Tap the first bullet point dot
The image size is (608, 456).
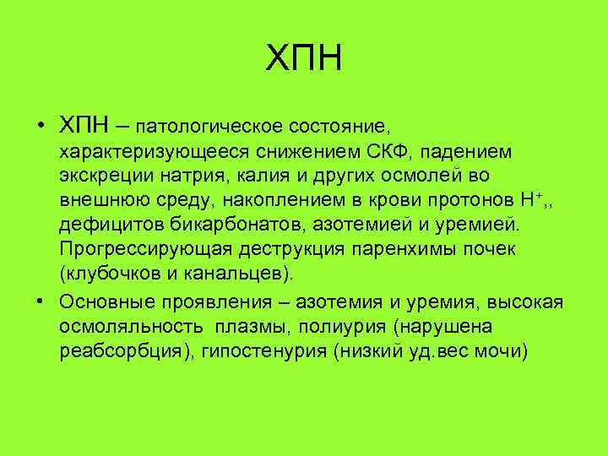[x=41, y=127]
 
